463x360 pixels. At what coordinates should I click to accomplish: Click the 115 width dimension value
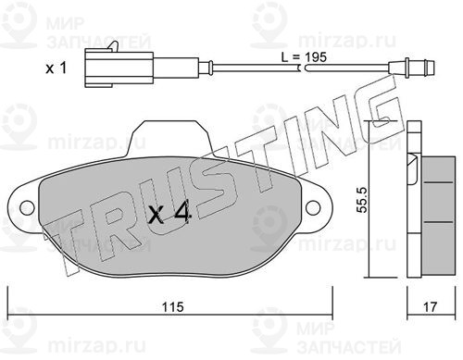(x=173, y=307)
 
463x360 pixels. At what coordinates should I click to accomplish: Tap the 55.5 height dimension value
(x=361, y=200)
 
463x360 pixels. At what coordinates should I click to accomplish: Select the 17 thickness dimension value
(x=431, y=307)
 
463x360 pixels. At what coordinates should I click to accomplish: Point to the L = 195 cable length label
(x=304, y=57)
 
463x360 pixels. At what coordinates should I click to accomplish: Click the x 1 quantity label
(x=56, y=68)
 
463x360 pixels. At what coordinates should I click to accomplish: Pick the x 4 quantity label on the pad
(x=169, y=214)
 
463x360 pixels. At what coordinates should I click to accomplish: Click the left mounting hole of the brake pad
(x=27, y=207)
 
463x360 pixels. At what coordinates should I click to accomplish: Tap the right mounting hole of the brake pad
(x=313, y=207)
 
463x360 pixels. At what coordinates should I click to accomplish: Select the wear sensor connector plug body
(x=119, y=68)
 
